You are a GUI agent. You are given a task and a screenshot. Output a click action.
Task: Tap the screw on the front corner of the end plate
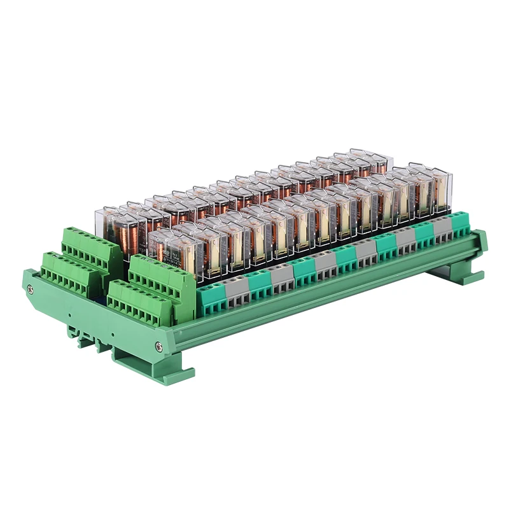(158, 346)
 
